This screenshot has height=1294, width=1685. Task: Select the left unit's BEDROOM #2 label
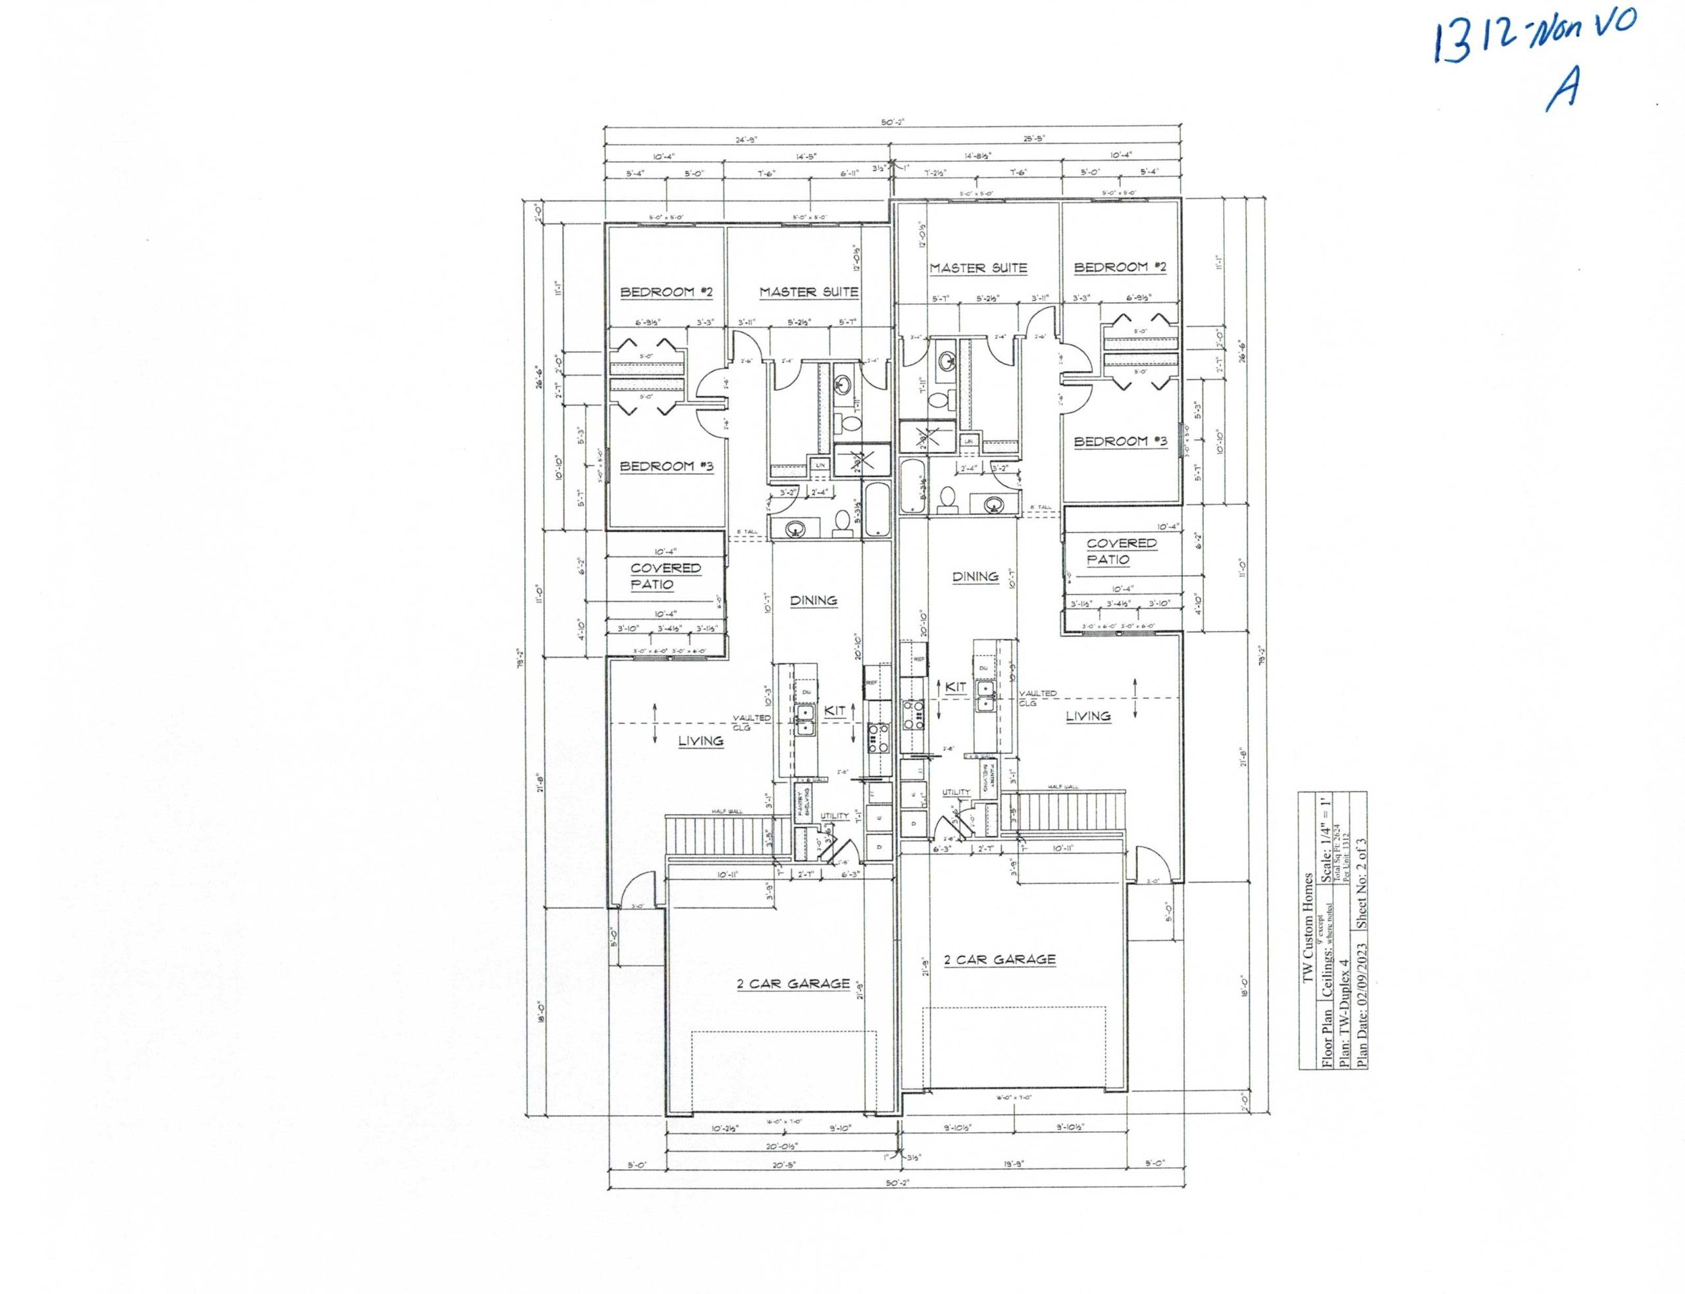(x=667, y=292)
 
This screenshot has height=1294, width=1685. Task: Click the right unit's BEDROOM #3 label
(x=1120, y=441)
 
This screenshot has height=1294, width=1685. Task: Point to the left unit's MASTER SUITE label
(x=808, y=292)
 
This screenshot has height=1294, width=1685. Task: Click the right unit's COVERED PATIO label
(x=1121, y=551)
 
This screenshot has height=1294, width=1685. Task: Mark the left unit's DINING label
(x=814, y=600)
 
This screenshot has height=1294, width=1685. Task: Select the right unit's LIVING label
(x=1088, y=716)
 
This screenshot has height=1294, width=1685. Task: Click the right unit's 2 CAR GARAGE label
(x=999, y=959)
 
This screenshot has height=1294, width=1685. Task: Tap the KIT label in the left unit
(x=835, y=712)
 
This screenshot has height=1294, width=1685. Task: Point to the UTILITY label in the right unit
(x=956, y=792)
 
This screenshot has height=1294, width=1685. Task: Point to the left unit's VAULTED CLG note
(x=751, y=721)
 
